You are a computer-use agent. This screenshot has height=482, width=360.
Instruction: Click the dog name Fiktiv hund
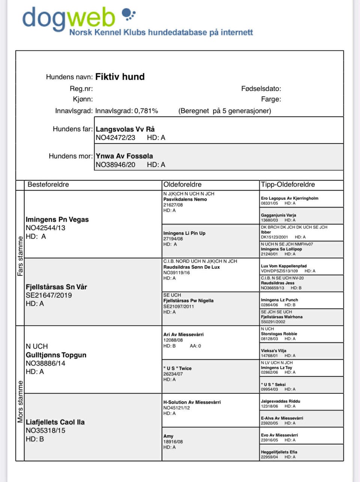tap(120, 77)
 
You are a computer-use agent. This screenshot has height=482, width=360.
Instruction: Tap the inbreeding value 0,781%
tap(146, 111)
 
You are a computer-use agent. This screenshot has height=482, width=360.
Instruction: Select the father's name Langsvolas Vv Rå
tap(125, 129)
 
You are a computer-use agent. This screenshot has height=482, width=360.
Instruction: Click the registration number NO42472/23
tap(115, 138)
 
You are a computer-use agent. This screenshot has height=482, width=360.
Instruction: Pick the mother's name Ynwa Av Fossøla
tap(124, 156)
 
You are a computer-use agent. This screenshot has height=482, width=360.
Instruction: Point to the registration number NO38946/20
tap(115, 165)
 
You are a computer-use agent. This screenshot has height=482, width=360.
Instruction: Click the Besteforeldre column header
tap(48, 185)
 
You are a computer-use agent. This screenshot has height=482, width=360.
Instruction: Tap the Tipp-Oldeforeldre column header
tap(288, 185)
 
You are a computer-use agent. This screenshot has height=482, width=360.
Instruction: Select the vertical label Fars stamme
tap(20, 256)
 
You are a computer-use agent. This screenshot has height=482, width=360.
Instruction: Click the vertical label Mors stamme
tap(20, 402)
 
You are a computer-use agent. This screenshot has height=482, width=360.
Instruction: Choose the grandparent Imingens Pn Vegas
tap(57, 220)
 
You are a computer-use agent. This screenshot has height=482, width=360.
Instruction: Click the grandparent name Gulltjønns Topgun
tap(56, 355)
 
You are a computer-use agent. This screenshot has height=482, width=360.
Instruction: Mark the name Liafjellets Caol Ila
tap(55, 422)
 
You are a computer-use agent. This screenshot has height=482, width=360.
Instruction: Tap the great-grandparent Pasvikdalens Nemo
tap(185, 199)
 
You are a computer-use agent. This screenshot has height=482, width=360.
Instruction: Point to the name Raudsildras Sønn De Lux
tap(191, 267)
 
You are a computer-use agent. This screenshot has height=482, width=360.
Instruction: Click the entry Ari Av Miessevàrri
tap(183, 334)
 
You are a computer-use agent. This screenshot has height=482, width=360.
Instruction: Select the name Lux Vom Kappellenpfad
tap(284, 266)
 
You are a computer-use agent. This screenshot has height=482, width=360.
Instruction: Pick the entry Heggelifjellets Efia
tap(279, 452)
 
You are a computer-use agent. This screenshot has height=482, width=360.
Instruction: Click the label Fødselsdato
tap(261, 89)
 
